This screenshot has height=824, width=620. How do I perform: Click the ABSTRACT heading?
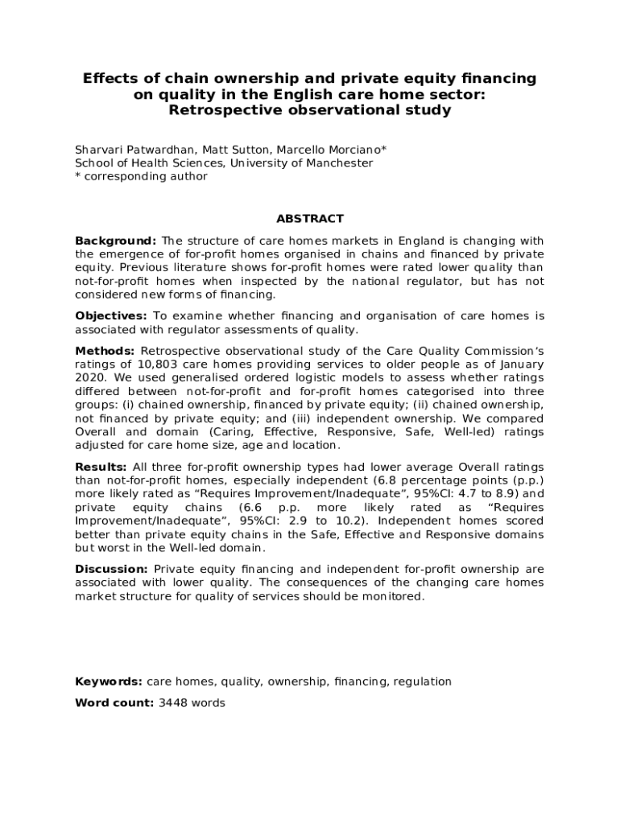310,218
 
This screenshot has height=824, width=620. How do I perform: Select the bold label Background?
115,241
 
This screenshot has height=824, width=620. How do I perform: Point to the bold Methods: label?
105,351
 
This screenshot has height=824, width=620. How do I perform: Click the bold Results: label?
101,468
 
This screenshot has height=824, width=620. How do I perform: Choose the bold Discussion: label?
111,569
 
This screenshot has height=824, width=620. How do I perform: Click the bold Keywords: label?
109,682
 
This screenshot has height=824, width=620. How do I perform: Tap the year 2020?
89,378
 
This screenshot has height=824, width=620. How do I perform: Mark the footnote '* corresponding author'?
141,176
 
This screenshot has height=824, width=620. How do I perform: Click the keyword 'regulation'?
424,682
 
